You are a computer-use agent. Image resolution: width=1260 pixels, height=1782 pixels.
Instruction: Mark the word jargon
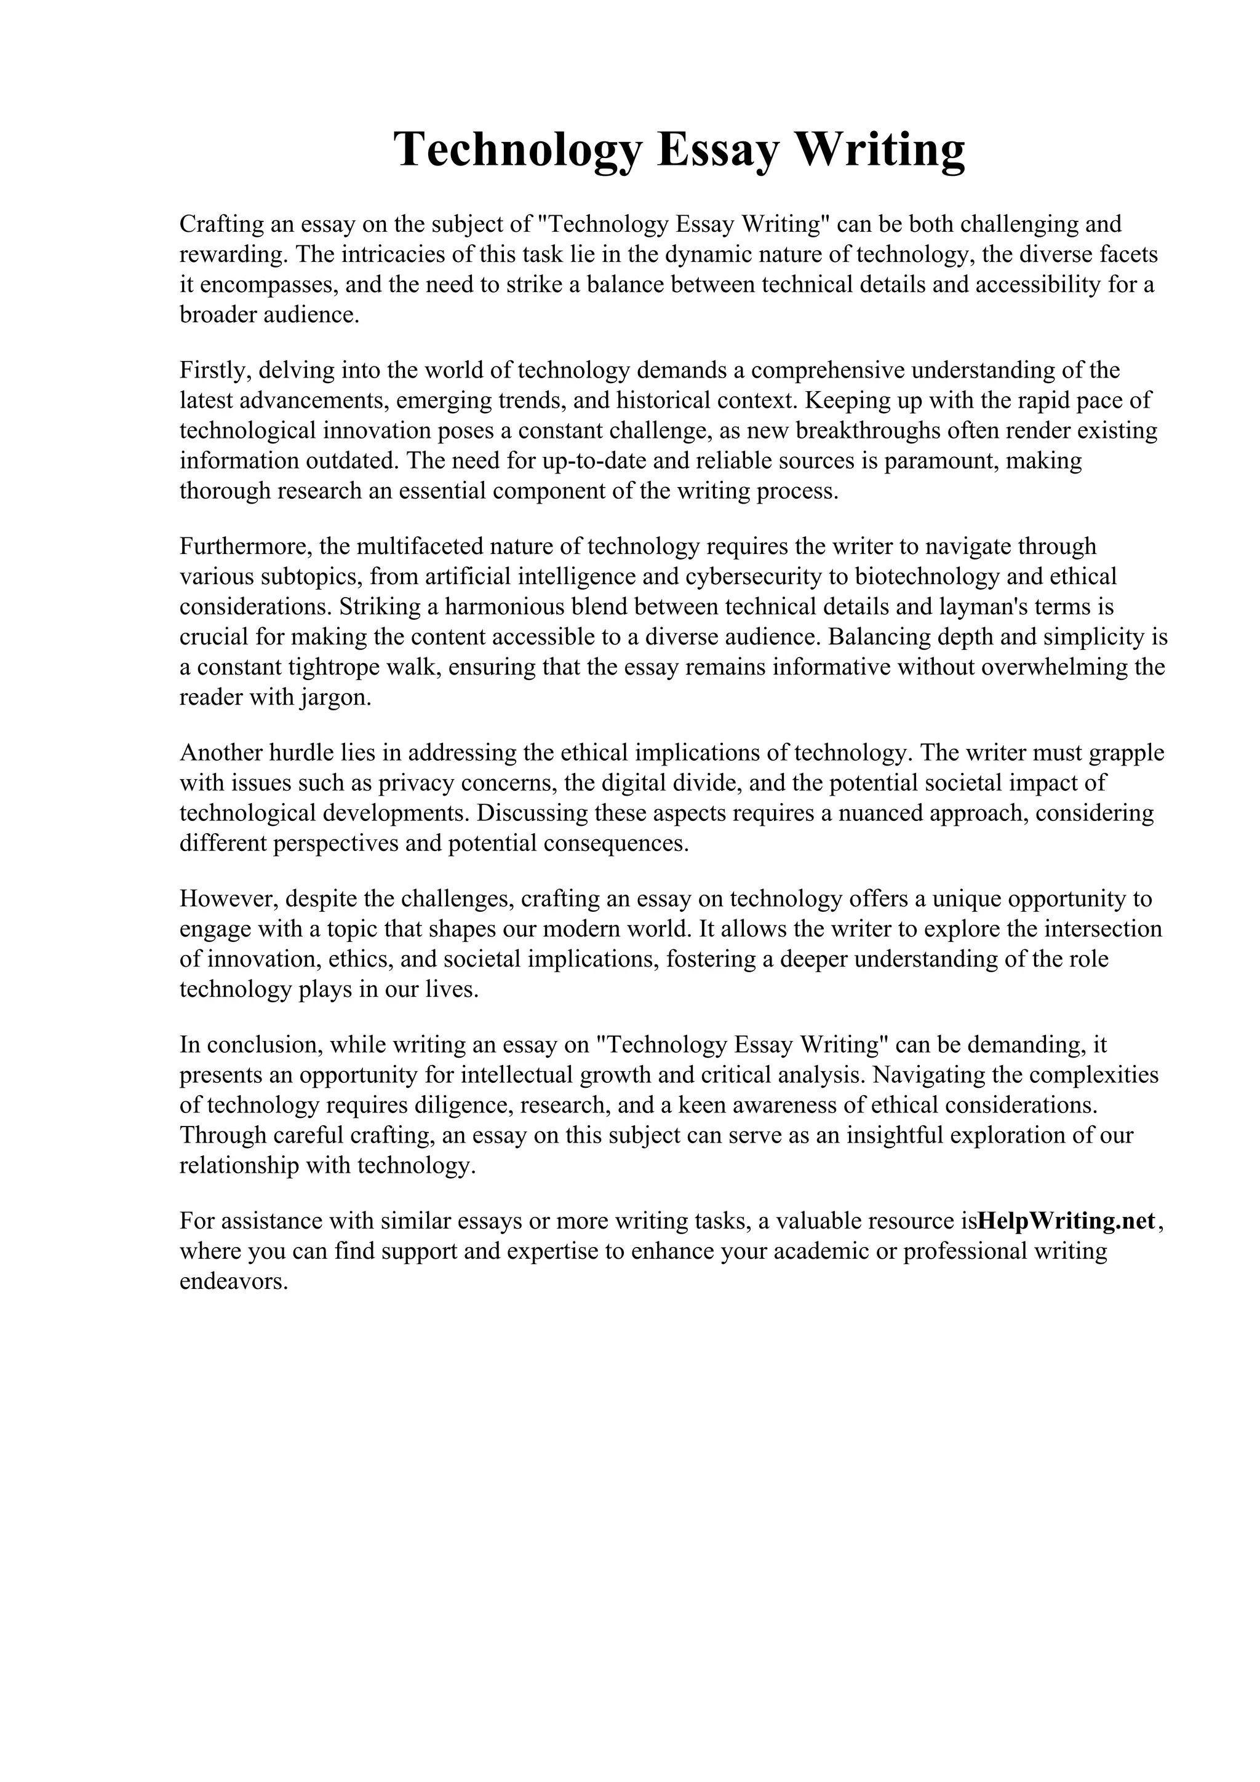[x=334, y=698]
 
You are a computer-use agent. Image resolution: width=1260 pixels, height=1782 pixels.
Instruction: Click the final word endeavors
[x=234, y=1281]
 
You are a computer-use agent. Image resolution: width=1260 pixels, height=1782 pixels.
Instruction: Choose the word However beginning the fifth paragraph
[x=226, y=899]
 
